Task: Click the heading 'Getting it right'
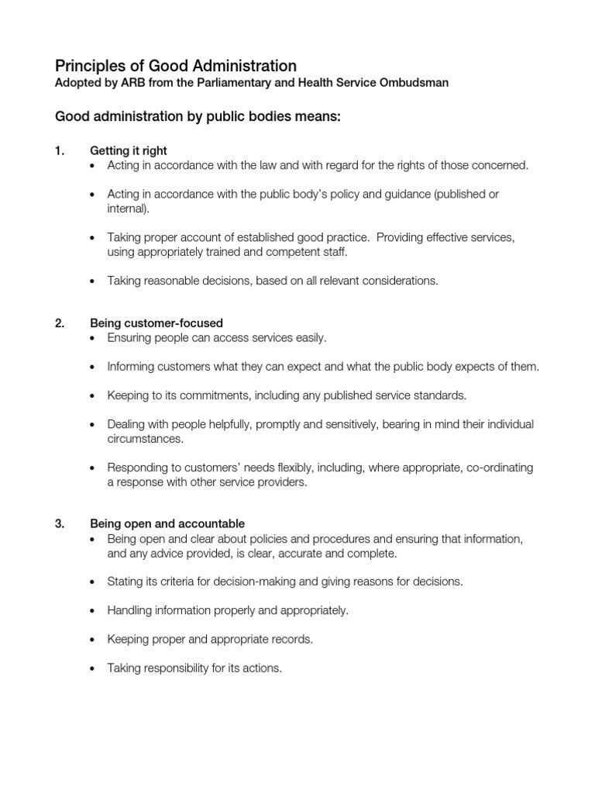click(129, 150)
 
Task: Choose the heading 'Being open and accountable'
click(167, 523)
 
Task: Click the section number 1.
click(59, 150)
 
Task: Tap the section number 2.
click(60, 323)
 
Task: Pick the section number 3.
click(60, 523)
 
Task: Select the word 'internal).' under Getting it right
click(129, 209)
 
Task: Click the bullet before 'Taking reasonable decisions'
click(94, 281)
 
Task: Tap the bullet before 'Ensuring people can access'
click(94, 339)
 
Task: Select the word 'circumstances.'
click(146, 439)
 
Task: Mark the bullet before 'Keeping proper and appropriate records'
click(94, 640)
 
